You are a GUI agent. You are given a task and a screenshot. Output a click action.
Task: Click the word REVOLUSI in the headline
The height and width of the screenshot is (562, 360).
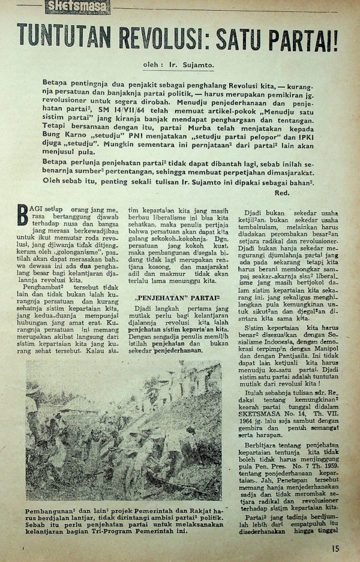click(x=161, y=38)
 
